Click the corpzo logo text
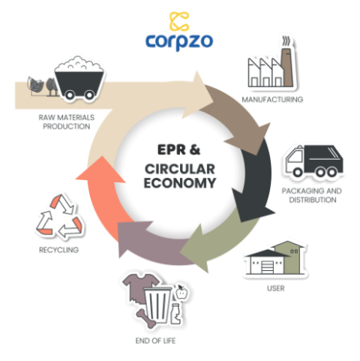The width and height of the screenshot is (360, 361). (180, 41)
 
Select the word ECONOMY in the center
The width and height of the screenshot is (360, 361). (181, 182)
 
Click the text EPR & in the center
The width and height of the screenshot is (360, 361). (180, 149)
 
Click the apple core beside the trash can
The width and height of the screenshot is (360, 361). (181, 290)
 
